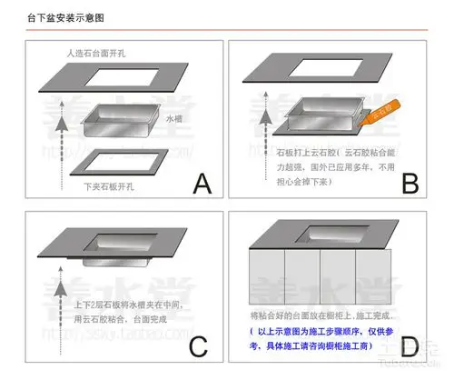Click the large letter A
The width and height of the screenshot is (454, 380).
coord(202,185)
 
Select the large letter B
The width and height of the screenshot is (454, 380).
coord(410,184)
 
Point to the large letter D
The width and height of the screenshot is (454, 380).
coord(410,347)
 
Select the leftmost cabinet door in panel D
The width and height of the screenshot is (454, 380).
coord(268,277)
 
